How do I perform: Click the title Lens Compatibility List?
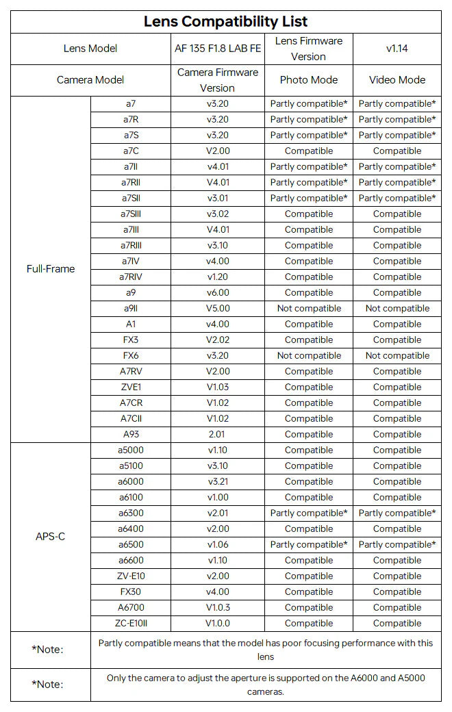[x=226, y=21]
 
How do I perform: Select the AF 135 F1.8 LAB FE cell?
[x=217, y=48]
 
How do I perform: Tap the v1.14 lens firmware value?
[x=397, y=48]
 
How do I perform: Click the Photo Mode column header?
[x=309, y=79]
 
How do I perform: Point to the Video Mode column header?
[x=397, y=79]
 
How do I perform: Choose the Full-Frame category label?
[x=51, y=268]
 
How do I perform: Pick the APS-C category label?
[x=51, y=536]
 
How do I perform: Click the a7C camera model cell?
[x=131, y=151]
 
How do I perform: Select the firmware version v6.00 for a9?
[x=218, y=292]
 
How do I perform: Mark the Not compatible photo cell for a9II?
[x=309, y=308]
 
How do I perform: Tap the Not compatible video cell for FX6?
[x=397, y=355]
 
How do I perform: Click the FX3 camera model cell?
[x=131, y=340]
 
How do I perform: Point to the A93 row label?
[x=131, y=434]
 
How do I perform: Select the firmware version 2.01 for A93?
[x=218, y=434]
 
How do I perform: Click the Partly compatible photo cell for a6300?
[x=309, y=513]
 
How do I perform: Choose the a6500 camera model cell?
[x=131, y=544]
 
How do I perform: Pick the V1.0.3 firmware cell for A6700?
[x=218, y=607]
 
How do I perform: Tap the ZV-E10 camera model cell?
[x=131, y=576]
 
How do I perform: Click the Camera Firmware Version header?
[x=218, y=79]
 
